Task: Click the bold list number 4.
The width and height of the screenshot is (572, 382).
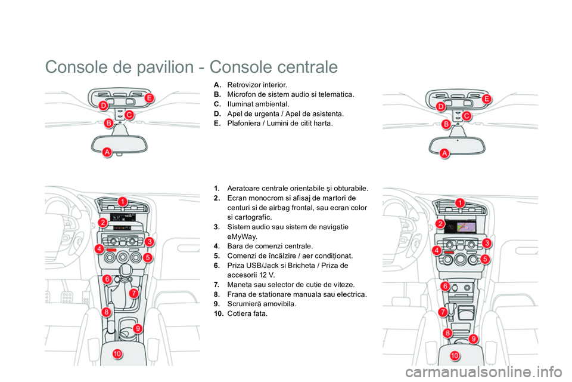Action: point(217,246)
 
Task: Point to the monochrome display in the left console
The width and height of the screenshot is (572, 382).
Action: point(123,216)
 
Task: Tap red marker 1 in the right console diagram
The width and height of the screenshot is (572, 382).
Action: point(460,204)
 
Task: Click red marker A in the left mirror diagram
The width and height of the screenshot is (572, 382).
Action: point(107,153)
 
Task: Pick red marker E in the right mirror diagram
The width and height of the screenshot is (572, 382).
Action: point(487,98)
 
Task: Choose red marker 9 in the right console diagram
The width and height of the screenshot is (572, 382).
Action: point(474,339)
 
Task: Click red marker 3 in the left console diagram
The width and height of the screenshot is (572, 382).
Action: point(149,241)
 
